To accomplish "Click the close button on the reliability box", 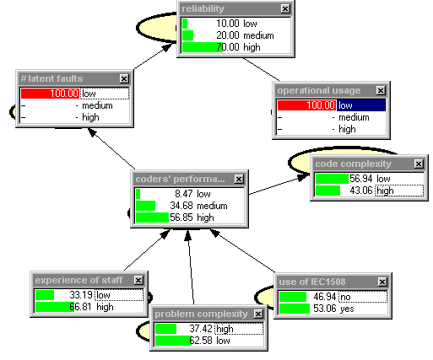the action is pyautogui.click(x=285, y=9).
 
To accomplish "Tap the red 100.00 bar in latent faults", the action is pyautogui.click(x=50, y=94).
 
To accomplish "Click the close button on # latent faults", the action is pyautogui.click(x=124, y=78).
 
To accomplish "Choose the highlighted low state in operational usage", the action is pyautogui.click(x=361, y=105).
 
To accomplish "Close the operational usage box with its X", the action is pyautogui.click(x=381, y=90).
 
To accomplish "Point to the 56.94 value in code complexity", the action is pyautogui.click(x=361, y=179).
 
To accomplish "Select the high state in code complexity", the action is pyautogui.click(x=385, y=191).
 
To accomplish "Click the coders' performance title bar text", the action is pyautogui.click(x=180, y=179).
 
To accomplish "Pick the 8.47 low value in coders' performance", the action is pyautogui.click(x=192, y=194).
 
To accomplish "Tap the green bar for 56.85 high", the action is pyautogui.click(x=152, y=218).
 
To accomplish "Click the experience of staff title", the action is pyautogui.click(x=78, y=280).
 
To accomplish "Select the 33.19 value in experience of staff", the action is pyautogui.click(x=81, y=295).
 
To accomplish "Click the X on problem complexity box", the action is pyautogui.click(x=258, y=314).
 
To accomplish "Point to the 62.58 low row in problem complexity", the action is pyautogui.click(x=209, y=341).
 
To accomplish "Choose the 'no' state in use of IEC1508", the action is pyautogui.click(x=345, y=297).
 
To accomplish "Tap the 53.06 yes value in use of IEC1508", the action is pyautogui.click(x=333, y=309).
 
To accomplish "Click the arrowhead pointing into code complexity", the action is pyautogui.click(x=304, y=177).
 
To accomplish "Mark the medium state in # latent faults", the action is pyautogui.click(x=97, y=105).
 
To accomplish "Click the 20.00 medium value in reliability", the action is pyautogui.click(x=245, y=35).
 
